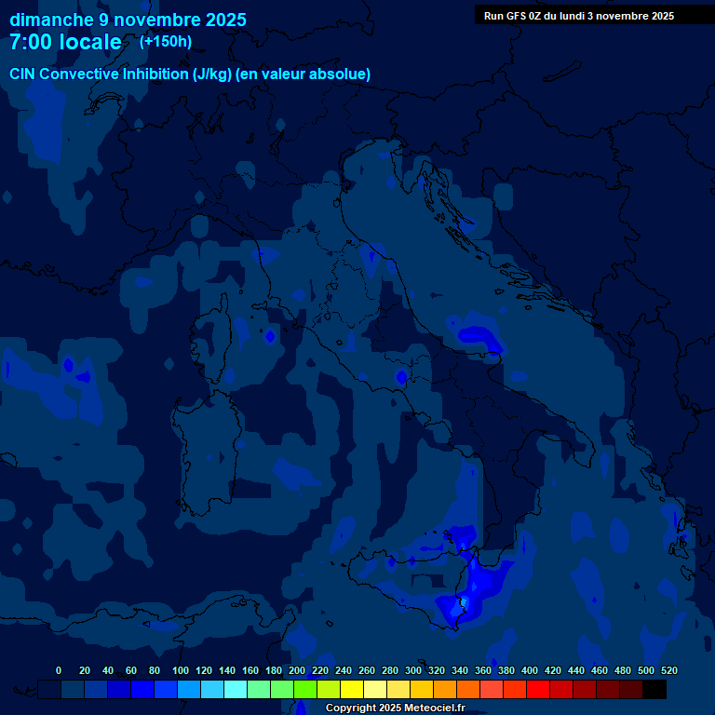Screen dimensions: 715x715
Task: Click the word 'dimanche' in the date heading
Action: click(51, 20)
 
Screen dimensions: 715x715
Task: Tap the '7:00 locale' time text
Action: click(65, 42)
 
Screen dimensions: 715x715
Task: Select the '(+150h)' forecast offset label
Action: click(166, 41)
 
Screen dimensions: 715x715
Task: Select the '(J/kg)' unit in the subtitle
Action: click(213, 74)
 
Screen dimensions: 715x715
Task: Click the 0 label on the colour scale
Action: click(59, 670)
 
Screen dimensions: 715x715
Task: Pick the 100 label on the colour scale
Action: click(180, 670)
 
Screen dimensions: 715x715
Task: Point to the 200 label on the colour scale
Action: click(297, 670)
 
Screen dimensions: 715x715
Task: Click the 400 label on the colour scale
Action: click(530, 670)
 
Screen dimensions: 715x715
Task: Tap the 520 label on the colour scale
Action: click(668, 670)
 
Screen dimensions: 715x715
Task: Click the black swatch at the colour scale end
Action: click(654, 689)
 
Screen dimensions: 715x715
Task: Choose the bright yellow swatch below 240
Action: click(352, 689)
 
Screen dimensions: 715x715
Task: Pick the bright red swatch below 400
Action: click(538, 689)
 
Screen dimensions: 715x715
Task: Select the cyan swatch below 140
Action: click(236, 689)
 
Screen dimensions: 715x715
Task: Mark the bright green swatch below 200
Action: click(305, 689)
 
